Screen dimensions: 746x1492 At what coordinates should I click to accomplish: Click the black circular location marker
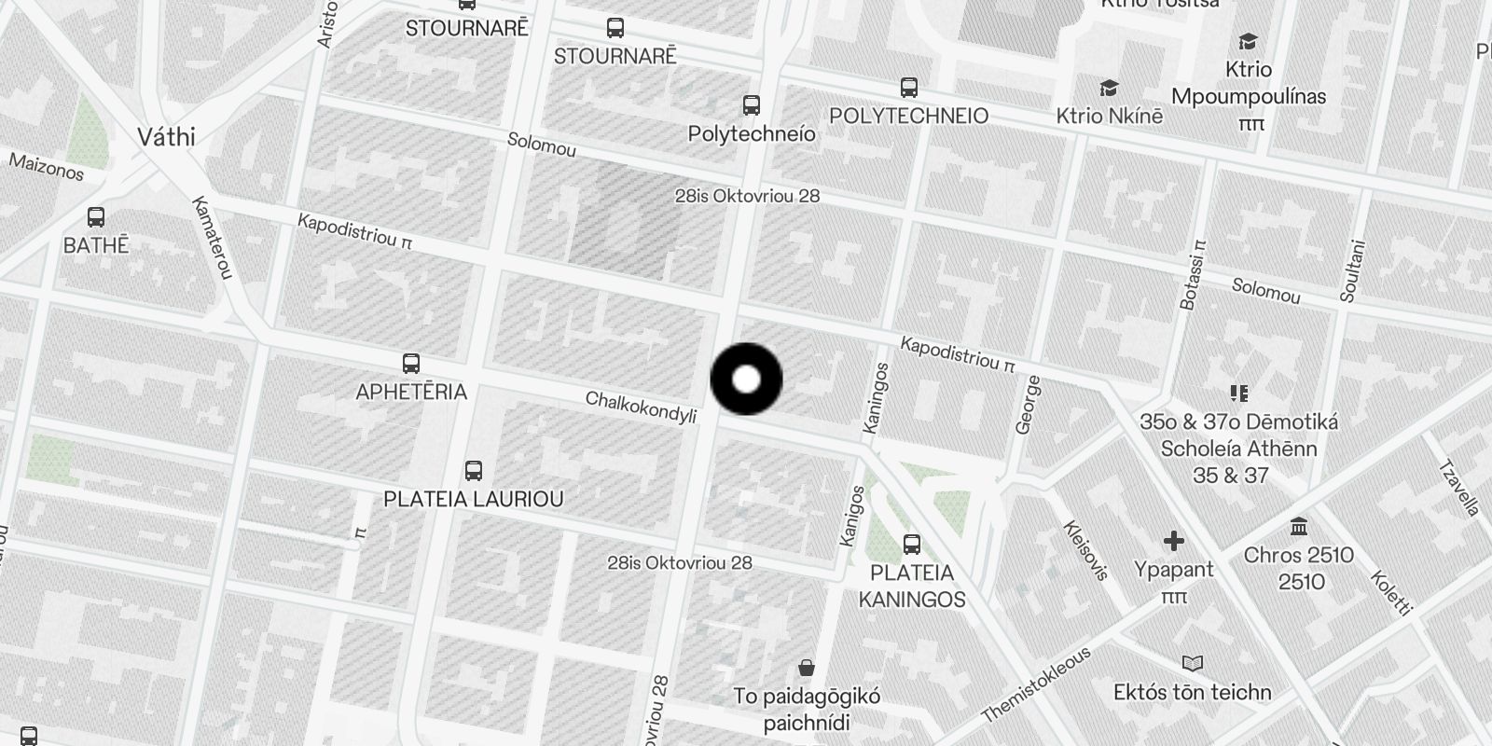coord(746,380)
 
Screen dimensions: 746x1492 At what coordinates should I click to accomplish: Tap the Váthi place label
coord(166,137)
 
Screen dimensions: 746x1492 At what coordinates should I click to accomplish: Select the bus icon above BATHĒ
coord(95,217)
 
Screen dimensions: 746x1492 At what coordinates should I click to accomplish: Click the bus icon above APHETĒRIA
coord(410,363)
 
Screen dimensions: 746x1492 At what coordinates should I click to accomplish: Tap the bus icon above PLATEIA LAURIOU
coord(474,470)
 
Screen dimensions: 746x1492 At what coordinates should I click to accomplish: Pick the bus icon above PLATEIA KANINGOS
coord(912,544)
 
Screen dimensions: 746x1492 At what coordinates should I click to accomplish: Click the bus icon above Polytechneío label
coord(752,104)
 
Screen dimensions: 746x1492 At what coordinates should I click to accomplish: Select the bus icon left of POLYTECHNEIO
coord(909,88)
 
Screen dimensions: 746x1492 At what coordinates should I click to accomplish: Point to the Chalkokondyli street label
coord(641,407)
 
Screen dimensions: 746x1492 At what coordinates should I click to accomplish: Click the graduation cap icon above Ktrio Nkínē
coord(1109,89)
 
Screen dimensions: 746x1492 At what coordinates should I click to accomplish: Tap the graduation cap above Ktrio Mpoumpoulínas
coord(1248,41)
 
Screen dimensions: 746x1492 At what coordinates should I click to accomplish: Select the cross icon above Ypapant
coord(1174,541)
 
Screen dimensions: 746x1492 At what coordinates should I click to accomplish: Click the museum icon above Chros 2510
coord(1299,528)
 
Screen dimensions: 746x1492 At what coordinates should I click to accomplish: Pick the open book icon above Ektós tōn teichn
coord(1193,664)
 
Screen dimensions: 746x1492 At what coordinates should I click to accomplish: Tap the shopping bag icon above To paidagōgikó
coord(807,668)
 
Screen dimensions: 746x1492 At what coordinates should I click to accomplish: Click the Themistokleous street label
coord(1035,685)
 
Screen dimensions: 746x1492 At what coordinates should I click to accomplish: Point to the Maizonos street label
coord(47,167)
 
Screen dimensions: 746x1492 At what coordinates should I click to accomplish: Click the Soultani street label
coord(1352,271)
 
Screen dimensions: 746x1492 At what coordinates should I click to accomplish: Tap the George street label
coord(1027,405)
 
